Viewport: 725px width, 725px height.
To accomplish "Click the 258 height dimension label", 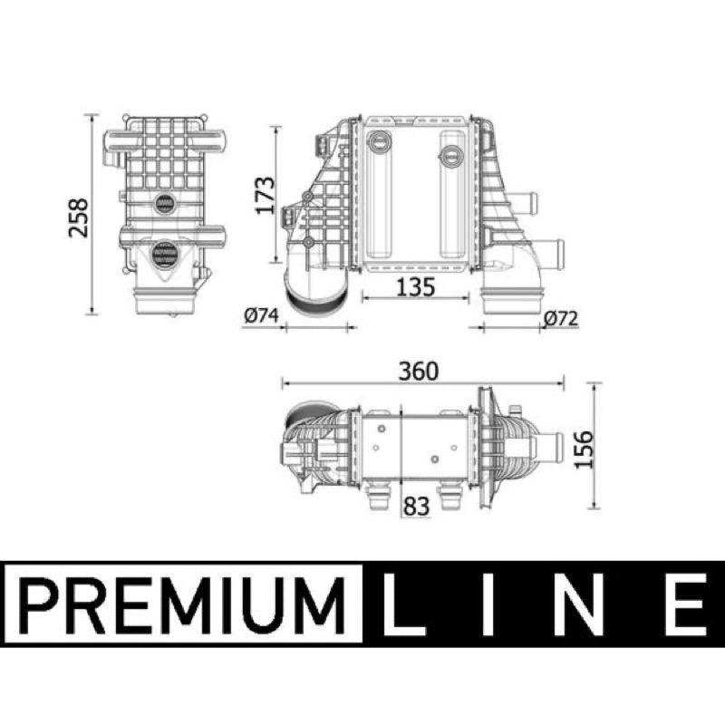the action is point(78,217).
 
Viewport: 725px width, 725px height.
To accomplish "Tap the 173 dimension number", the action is point(266,195).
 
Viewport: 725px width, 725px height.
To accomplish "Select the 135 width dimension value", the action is point(416,286).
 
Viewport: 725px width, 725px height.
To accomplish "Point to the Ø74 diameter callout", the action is point(262,315).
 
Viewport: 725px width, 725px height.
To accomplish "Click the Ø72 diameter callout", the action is point(560,318).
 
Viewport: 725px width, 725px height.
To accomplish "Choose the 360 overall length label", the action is point(418,371).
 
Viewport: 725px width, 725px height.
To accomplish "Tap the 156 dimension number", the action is point(584,449).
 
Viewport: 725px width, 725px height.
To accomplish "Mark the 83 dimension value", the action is point(416,506).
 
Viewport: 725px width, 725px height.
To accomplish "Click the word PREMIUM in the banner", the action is point(184,604).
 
